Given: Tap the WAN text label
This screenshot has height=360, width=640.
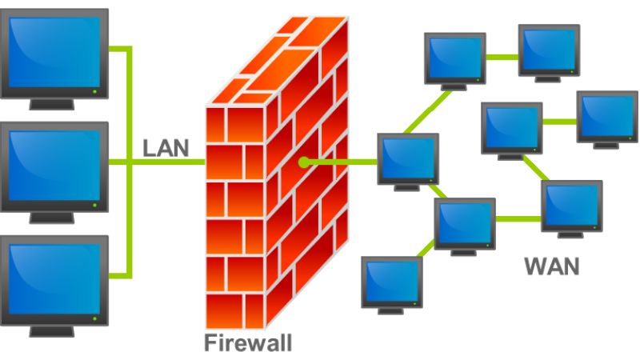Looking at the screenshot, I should pyautogui.click(x=551, y=266).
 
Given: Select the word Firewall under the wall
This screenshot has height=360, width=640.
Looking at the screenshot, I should pyautogui.click(x=247, y=344).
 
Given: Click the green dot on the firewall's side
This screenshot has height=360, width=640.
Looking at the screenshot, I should pyautogui.click(x=303, y=162).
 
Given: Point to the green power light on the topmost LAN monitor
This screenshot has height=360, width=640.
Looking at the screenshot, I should pyautogui.click(x=95, y=91).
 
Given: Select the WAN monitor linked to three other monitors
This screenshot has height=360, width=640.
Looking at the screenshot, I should pyautogui.click(x=465, y=224).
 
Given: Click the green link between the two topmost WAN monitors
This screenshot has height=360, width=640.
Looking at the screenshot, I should pyautogui.click(x=502, y=57).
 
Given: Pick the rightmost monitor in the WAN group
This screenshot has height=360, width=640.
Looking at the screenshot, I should pyautogui.click(x=607, y=119).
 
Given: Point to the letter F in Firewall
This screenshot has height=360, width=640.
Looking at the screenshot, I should pyautogui.click(x=210, y=344).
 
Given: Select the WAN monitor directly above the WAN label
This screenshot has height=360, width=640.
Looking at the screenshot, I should pyautogui.click(x=571, y=206).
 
